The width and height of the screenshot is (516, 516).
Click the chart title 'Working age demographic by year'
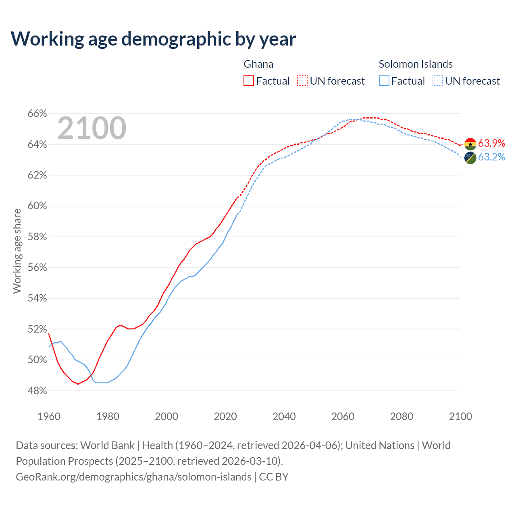pos(153,39)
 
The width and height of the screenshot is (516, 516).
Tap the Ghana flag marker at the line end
pos(470,144)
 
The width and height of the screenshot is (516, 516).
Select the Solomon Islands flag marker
pos(470,158)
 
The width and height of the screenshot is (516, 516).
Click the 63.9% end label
pos(491,144)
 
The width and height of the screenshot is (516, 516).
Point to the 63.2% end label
pos(491,157)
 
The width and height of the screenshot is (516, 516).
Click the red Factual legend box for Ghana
pos(249,81)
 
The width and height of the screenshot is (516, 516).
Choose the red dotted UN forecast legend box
pos(302,81)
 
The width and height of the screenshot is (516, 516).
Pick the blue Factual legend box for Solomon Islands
pos(384,81)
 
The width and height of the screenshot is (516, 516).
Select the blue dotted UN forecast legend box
pos(438,81)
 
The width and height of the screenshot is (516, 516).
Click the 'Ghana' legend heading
pos(258,64)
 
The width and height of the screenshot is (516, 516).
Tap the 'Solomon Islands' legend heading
pos(416,64)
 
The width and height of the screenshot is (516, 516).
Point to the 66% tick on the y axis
pos(37,114)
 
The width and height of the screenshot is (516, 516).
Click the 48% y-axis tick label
pos(37,391)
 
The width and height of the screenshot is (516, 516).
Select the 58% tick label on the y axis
pos(37,237)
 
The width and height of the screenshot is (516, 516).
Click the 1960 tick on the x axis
pos(49,416)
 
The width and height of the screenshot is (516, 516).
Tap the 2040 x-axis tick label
pos(284,416)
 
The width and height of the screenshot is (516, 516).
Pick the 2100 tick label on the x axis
pos(460,416)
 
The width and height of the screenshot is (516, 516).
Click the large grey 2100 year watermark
pos(92,128)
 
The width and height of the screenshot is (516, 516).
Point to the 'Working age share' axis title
pos(17,251)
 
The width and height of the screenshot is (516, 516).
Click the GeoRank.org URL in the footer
pos(133,477)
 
